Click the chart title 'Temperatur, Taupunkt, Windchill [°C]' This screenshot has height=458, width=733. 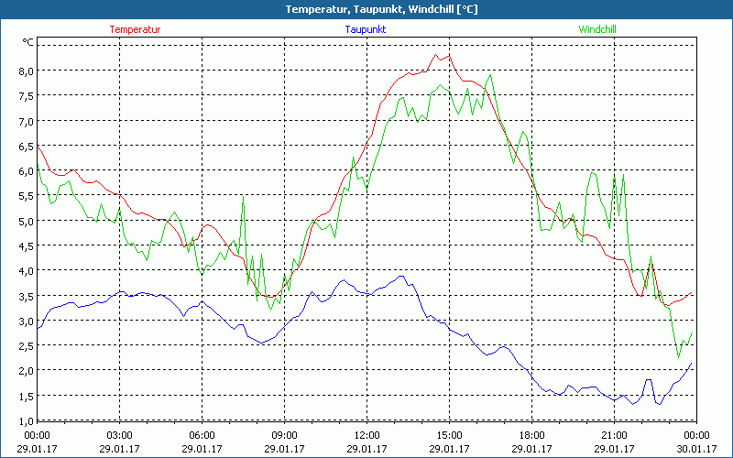pos(367,9)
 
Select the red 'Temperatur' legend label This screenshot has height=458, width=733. pos(135,29)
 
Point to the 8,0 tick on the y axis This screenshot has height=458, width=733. pos(24,71)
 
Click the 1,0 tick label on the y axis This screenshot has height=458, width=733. pos(24,420)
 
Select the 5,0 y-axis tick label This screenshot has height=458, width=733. pos(24,221)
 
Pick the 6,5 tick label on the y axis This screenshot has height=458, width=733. pos(24,146)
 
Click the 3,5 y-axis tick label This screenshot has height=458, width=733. pos(24,296)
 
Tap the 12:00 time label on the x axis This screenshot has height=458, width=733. pos(366,435)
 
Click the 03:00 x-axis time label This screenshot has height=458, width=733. pos(119,435)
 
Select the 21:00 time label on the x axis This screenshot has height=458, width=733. pos(614,435)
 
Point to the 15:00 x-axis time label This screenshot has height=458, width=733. pos(449,435)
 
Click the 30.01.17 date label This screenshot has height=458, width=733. pos(696,448)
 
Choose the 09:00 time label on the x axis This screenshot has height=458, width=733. pos(284,435)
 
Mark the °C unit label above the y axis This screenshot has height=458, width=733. pos(28,42)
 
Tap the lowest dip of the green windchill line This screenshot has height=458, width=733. pos(679,357)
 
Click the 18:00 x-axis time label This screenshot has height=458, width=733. pos(531,435)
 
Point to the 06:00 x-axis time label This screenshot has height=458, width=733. pos(202,435)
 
